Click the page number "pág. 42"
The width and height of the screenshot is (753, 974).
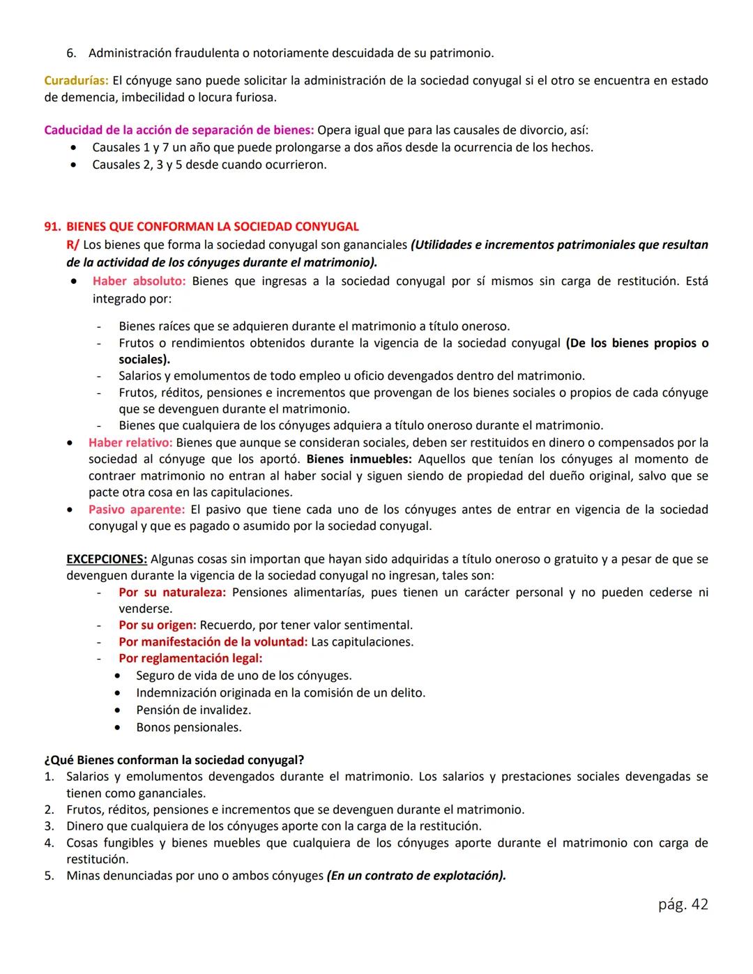[x=683, y=904]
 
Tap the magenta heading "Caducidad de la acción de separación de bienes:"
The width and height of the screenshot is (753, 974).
[x=179, y=130]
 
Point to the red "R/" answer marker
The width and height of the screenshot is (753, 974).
[x=73, y=245]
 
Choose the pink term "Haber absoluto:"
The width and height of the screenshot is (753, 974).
[x=139, y=281]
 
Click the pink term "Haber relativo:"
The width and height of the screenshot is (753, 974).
[x=130, y=443]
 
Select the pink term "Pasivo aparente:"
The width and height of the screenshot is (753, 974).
[x=137, y=510]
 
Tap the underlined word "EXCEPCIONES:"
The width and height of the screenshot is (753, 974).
[x=107, y=559]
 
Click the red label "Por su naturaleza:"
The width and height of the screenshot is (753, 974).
[x=172, y=593]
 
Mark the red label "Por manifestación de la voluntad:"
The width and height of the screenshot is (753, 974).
[x=213, y=642]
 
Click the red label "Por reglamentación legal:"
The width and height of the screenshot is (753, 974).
[x=190, y=658]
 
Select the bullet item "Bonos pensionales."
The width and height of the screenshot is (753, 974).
[x=188, y=727]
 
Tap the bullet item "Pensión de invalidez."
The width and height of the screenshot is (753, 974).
[x=193, y=710]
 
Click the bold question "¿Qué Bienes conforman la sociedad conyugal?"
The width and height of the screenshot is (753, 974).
[x=174, y=760]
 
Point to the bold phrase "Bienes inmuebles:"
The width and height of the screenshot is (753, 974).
[x=359, y=459]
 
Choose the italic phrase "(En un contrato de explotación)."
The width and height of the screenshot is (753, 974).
[x=416, y=876]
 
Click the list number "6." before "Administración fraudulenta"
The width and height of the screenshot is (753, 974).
[x=71, y=53]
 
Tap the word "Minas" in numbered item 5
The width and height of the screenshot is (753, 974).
[x=83, y=876]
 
